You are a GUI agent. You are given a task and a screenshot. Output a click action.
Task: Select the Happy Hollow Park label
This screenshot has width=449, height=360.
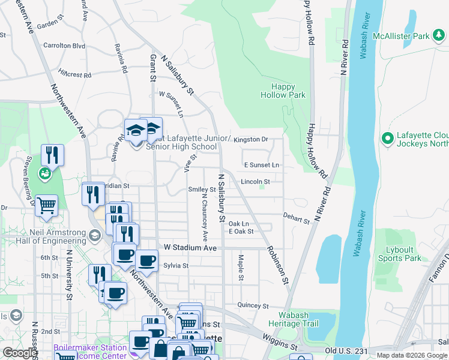click(x=283, y=91)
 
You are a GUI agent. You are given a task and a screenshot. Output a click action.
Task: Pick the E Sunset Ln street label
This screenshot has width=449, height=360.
click(x=261, y=165)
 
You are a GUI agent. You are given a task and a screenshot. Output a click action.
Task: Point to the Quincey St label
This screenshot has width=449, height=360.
click(x=252, y=305)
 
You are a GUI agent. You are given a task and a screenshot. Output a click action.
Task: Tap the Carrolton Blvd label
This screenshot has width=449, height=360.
click(x=64, y=46)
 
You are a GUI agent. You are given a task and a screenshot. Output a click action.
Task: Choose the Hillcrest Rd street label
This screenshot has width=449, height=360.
click(x=74, y=74)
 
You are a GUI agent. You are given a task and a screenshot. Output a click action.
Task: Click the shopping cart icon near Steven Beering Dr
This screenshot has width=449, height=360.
click(x=46, y=205)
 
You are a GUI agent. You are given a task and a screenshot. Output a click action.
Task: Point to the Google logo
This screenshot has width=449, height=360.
click(x=20, y=353)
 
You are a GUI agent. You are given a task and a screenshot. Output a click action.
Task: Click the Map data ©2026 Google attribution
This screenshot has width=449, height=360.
click(x=411, y=355)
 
